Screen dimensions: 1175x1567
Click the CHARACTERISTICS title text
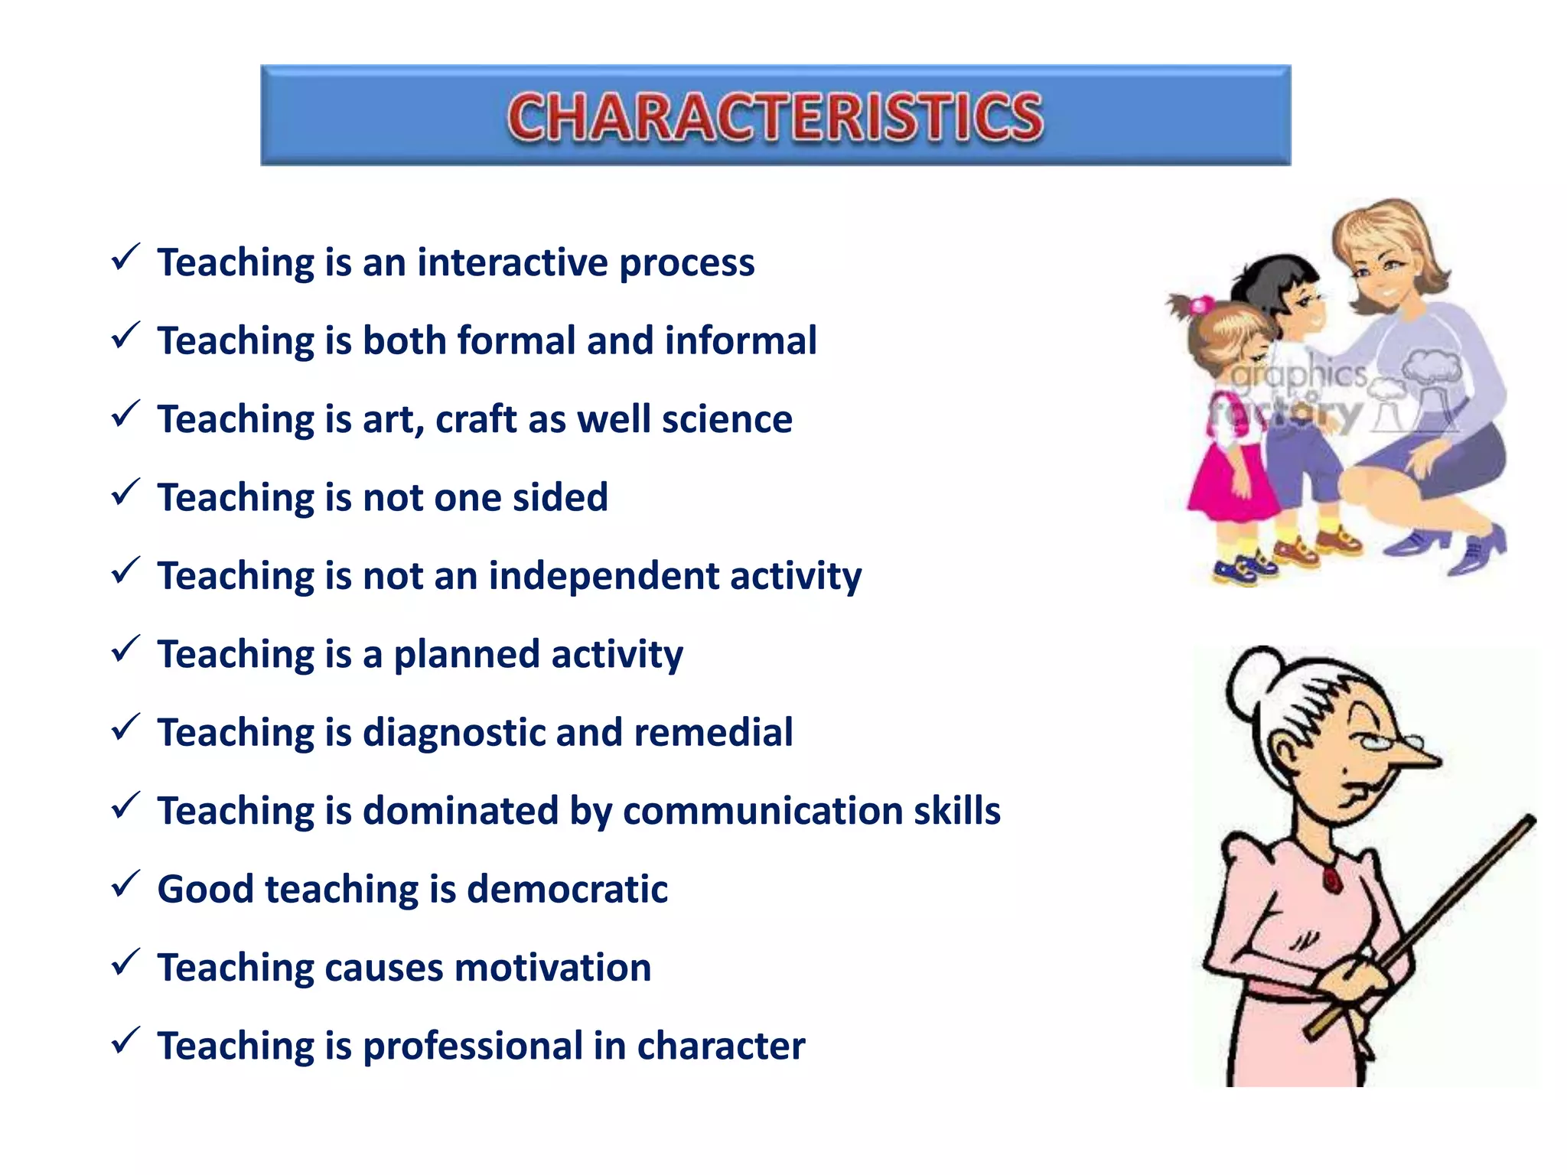coord(775,116)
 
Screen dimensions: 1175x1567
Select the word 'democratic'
coord(567,889)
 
